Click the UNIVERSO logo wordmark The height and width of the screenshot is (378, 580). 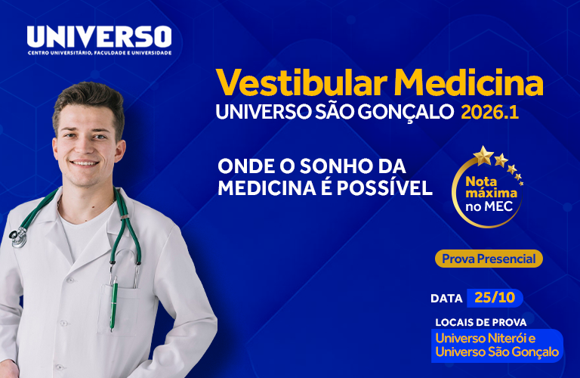coord(99,36)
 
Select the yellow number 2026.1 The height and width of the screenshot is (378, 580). coord(490,112)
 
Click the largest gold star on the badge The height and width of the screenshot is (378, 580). coord(483,156)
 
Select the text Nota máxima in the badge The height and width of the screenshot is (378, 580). coord(491,187)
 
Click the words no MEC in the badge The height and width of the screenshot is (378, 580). coord(489,206)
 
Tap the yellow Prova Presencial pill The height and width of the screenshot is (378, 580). coord(489,259)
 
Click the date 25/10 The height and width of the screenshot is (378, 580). coord(495,298)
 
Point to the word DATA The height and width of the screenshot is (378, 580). coord(446,299)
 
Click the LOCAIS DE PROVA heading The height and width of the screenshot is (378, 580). coord(481,323)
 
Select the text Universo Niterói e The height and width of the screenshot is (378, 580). coord(486,338)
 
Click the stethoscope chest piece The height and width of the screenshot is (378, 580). coord(17,237)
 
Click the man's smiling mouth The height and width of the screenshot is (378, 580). coord(85,163)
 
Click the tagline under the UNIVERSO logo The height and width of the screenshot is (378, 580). coord(100,53)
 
